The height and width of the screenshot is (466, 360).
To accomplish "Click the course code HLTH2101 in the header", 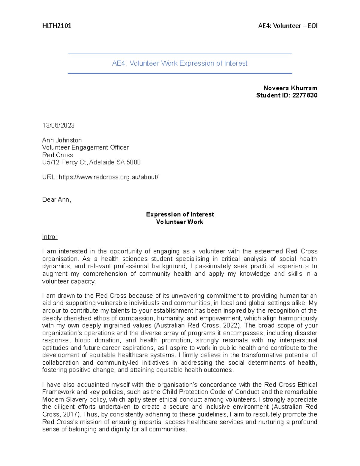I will coord(57,26).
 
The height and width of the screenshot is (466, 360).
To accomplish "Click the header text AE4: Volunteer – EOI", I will coord(287,26).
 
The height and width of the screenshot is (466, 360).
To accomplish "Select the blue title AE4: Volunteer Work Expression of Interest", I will coord(180,63).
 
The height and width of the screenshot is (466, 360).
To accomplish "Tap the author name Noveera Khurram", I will coord(290,88).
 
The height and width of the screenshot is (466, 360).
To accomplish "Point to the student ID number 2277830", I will coord(304,95).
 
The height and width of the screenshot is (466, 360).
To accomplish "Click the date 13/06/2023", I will coord(58,125).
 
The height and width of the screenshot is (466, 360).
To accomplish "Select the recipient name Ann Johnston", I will coord(62,140).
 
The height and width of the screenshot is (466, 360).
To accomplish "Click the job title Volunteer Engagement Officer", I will coord(85,147).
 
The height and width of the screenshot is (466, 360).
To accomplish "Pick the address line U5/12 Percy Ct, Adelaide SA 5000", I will coord(91,162).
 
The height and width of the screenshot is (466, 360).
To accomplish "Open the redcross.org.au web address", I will coord(108,177).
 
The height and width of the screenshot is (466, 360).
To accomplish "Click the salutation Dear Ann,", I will coord(56,200).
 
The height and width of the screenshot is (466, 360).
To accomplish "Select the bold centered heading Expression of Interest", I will coord(180,214).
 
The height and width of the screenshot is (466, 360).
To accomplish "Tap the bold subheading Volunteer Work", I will coord(179,222).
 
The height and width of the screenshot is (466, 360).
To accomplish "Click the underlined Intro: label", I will coord(49,237).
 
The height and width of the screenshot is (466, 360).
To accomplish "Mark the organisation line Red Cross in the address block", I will coord(58,155).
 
